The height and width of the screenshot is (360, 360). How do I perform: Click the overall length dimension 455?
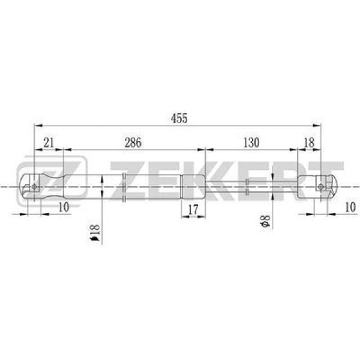point(179,118)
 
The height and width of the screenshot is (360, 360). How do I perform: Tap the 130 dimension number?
point(251,143)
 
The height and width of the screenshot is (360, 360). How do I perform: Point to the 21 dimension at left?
point(49,143)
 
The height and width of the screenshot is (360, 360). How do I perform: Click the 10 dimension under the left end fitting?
point(64,206)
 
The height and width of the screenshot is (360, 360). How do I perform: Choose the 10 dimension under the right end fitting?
point(350,206)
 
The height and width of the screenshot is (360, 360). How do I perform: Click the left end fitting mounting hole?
point(35,187)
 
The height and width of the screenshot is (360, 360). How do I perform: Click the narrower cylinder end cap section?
point(193,187)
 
